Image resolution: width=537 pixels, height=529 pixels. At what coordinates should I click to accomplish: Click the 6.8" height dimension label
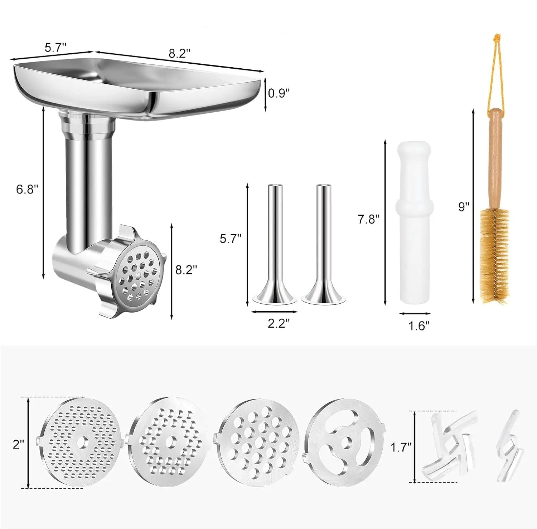pyautogui.click(x=27, y=189)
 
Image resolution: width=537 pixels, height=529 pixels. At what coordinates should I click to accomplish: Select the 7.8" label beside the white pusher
pyautogui.click(x=368, y=219)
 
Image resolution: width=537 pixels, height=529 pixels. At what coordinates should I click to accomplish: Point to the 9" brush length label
pyautogui.click(x=464, y=207)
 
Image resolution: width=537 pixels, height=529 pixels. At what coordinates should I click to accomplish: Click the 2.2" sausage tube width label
pyautogui.click(x=279, y=324)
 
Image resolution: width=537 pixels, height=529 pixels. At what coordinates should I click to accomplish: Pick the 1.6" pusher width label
pyautogui.click(x=419, y=326)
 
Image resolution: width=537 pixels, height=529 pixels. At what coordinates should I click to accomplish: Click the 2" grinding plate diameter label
pyautogui.click(x=18, y=445)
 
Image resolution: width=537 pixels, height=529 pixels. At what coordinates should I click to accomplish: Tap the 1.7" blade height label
pyautogui.click(x=401, y=447)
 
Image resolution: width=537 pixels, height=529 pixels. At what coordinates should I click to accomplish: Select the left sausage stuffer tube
pyautogui.click(x=275, y=243)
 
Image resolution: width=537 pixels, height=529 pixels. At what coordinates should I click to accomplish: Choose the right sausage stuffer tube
pyautogui.click(x=324, y=243)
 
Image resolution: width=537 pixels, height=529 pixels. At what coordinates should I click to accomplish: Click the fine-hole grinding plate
pyautogui.click(x=79, y=444)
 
